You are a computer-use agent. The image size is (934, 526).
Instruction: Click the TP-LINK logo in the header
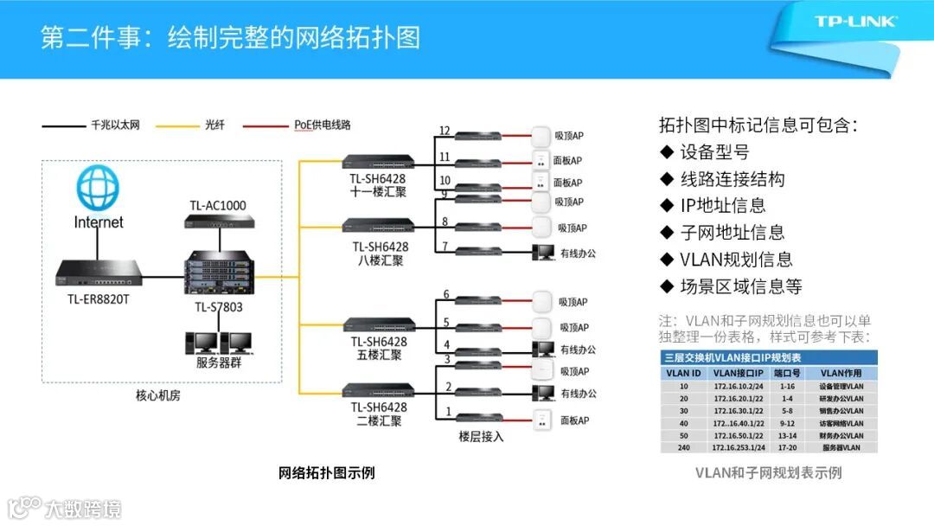[855, 21]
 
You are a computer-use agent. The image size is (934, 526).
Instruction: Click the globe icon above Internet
[97, 188]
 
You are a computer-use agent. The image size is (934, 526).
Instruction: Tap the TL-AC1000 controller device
[218, 221]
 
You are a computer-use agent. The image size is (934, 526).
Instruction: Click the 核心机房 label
[158, 395]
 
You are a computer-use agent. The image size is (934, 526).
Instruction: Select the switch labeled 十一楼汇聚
[378, 163]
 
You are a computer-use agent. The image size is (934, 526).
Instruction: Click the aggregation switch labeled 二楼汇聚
[377, 391]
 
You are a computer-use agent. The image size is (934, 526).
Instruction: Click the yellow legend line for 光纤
[177, 126]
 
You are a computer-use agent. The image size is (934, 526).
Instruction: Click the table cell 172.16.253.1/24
[741, 447]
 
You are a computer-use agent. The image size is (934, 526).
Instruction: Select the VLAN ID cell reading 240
[683, 447]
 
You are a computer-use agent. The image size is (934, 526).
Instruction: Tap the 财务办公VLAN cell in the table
[841, 435]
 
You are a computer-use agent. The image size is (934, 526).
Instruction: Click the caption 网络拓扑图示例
[326, 473]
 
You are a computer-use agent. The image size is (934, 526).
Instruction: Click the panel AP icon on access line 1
[542, 420]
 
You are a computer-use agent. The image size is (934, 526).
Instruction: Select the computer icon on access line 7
[543, 253]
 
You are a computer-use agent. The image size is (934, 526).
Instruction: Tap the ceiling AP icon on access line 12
[542, 136]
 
